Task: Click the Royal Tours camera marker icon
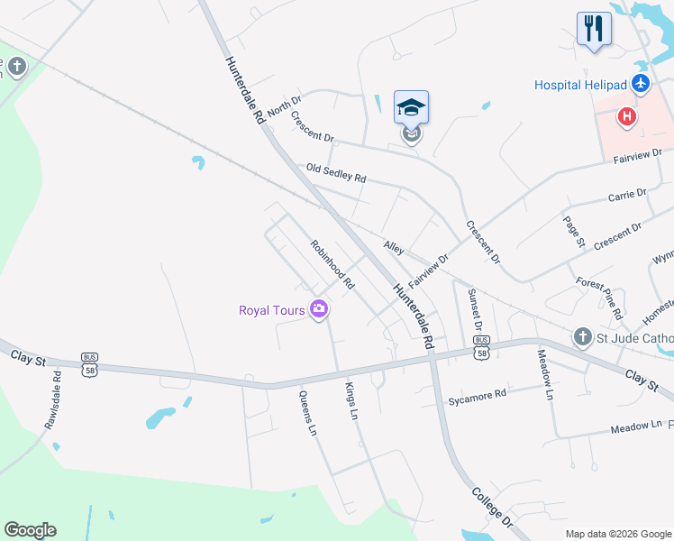coord(318,310)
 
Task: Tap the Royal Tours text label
coord(272,311)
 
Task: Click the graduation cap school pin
coord(412,108)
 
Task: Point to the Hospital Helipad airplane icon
coord(641,85)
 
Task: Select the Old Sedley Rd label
coord(336,173)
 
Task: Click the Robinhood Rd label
coord(332,264)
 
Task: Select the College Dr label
coord(492,509)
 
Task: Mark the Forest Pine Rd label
coord(600,298)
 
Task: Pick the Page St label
coord(574,232)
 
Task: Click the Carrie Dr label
coord(627,194)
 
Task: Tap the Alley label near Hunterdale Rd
coord(394,246)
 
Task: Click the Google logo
coord(30,530)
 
